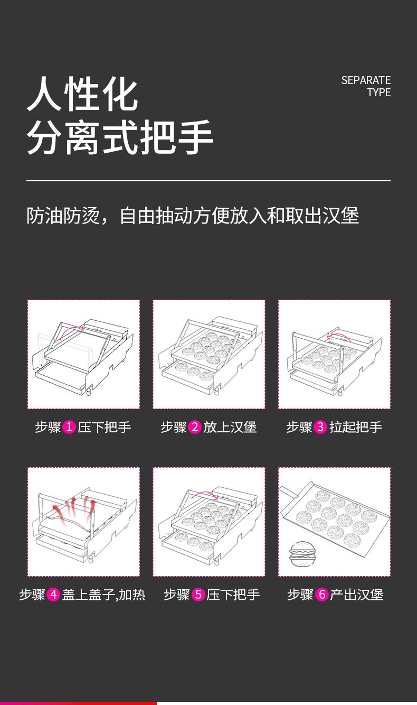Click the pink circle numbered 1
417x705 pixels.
click(x=69, y=427)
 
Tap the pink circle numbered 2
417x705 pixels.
click(x=195, y=427)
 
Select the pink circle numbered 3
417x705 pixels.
click(x=320, y=427)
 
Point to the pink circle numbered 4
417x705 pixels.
click(x=53, y=595)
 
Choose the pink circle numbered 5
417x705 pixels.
click(x=198, y=595)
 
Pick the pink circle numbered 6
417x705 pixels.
click(x=322, y=595)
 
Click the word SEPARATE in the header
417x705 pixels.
click(x=366, y=80)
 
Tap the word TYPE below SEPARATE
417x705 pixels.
click(x=379, y=92)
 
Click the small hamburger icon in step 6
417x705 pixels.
click(x=301, y=554)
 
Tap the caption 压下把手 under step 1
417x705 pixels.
click(x=105, y=427)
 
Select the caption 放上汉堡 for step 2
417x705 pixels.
click(x=230, y=427)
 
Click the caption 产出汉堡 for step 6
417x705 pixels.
click(x=357, y=595)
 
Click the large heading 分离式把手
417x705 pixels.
click(x=120, y=137)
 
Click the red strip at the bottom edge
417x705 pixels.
click(x=78, y=703)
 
